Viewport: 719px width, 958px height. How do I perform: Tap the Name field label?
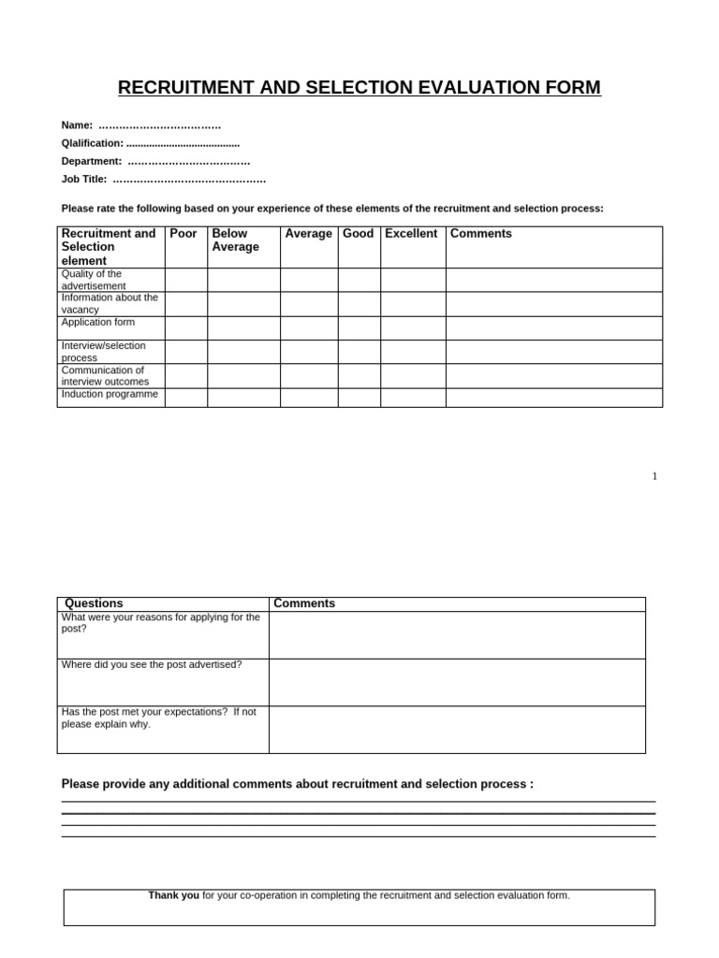[x=77, y=125]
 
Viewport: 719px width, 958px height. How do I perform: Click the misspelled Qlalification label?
[x=92, y=143]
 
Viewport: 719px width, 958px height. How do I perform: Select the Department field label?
[x=91, y=161]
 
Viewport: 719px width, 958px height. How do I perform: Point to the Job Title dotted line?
[x=189, y=180]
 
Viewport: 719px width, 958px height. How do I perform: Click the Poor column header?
[x=183, y=234]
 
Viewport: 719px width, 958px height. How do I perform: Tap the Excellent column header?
[x=411, y=234]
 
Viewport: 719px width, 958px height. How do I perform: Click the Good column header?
[x=358, y=234]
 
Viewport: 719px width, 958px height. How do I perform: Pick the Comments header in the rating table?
[x=481, y=234]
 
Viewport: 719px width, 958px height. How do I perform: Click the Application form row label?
[x=98, y=322]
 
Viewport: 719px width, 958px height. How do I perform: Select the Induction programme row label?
[x=110, y=394]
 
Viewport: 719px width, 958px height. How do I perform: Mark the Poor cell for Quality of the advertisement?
[x=185, y=280]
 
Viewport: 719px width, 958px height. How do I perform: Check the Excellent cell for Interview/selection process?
[x=413, y=352]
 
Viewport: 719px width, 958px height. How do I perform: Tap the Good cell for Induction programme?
[x=359, y=398]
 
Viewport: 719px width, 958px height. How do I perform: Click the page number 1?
[x=654, y=476]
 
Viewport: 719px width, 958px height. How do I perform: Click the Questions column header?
[x=94, y=603]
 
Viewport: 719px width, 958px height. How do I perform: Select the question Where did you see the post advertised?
[x=152, y=664]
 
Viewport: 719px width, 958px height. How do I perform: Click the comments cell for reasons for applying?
[x=457, y=635]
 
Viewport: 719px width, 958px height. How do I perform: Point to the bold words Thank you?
[x=173, y=895]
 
